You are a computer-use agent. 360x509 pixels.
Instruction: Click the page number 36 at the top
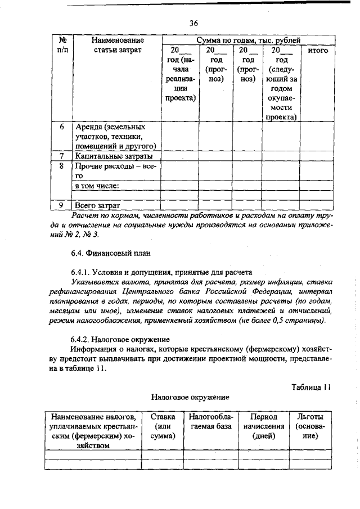(x=193, y=23)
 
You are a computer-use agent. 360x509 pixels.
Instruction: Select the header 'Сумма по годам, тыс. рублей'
(x=248, y=40)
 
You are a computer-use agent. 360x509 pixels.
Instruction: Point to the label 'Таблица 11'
(x=313, y=386)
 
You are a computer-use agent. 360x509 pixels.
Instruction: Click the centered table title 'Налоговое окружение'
(x=190, y=397)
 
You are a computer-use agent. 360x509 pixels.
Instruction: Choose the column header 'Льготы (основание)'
(x=310, y=426)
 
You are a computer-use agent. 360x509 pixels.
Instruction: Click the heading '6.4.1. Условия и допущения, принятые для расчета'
(x=157, y=272)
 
